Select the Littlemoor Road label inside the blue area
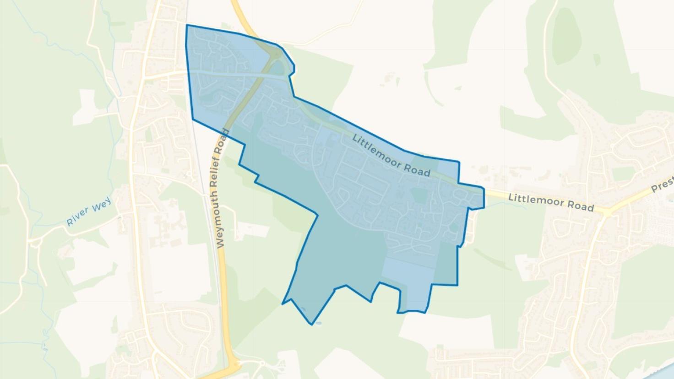(x=391, y=155)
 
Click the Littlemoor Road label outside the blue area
(x=551, y=202)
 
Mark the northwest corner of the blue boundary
(x=187, y=25)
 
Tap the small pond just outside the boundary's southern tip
(x=319, y=323)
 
